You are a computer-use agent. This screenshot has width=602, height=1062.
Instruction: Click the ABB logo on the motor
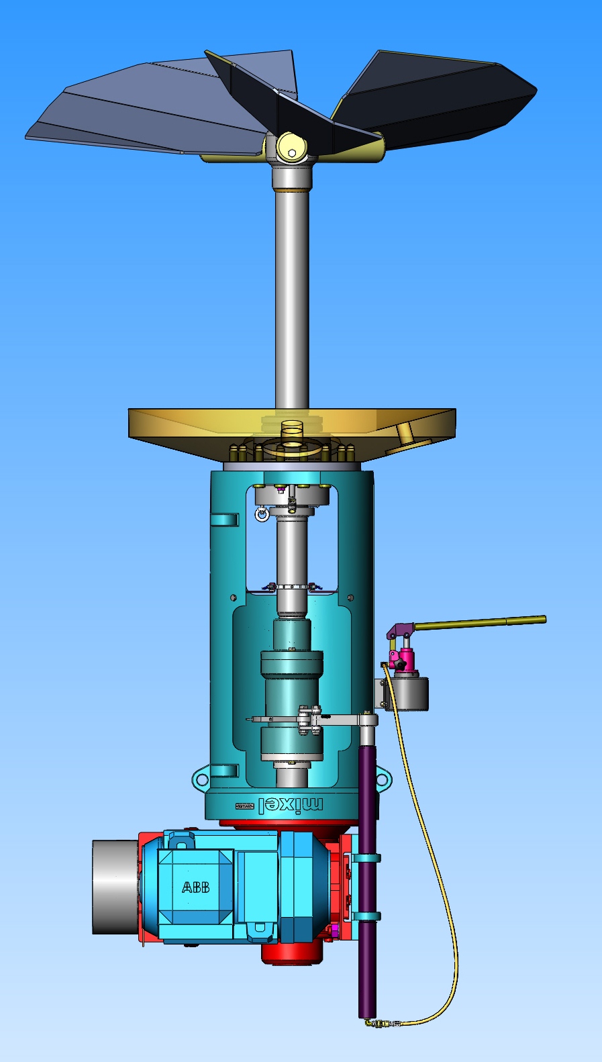(195, 887)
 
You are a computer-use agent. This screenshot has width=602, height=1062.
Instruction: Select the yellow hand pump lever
(480, 622)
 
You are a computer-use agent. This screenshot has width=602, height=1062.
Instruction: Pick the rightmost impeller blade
(443, 101)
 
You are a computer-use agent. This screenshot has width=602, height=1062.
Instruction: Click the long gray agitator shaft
(292, 295)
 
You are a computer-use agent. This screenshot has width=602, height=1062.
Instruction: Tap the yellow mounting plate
(201, 430)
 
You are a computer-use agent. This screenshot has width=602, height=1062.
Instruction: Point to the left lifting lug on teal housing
(201, 779)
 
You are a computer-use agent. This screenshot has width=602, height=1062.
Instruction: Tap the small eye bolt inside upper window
(262, 514)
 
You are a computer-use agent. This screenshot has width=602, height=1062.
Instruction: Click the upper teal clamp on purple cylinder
(366, 858)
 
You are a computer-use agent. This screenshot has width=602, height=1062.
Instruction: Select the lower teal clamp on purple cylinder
(366, 916)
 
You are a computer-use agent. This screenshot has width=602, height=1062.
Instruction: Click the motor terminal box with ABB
(196, 886)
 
